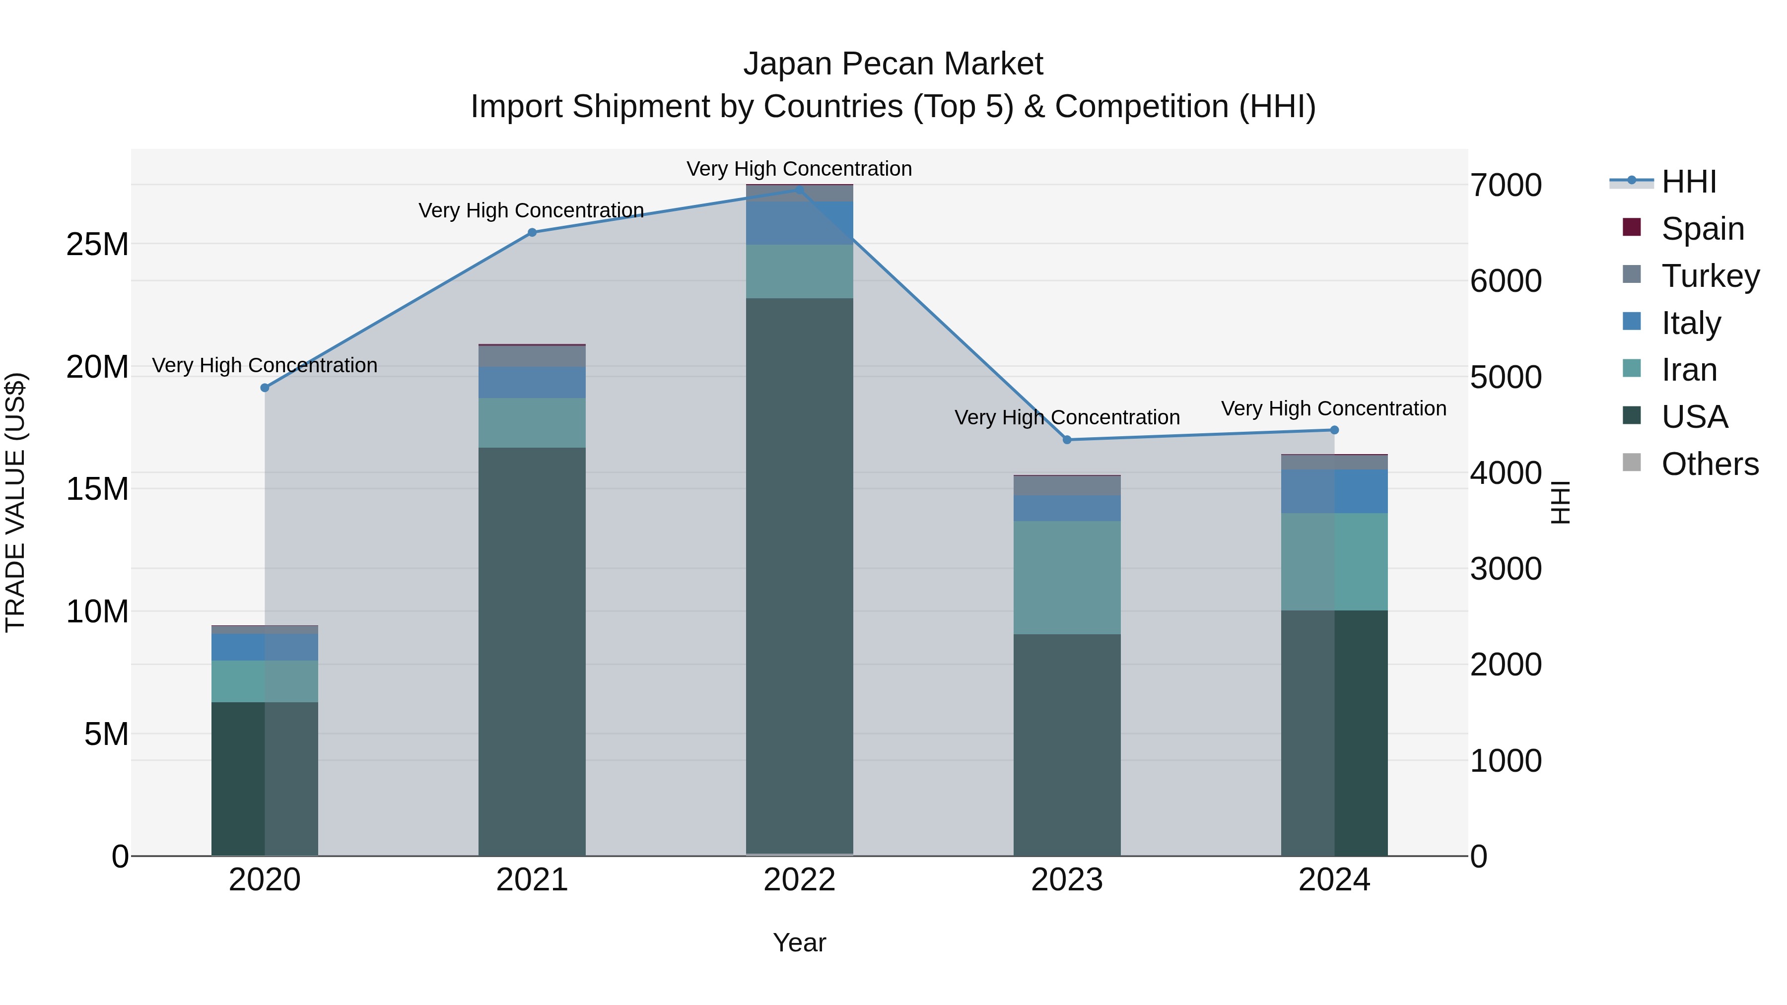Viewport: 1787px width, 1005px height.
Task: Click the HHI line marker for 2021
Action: click(532, 232)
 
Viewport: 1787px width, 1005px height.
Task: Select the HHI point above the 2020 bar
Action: click(264, 388)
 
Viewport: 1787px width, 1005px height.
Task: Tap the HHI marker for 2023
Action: click(1067, 440)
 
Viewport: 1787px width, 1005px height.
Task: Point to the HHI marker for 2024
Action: click(1334, 430)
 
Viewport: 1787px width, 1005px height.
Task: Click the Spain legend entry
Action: click(1703, 228)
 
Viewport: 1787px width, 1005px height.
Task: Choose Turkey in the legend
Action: click(1710, 275)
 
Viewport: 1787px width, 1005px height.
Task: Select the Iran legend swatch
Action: click(1632, 369)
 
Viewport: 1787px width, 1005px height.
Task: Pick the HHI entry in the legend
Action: click(1689, 182)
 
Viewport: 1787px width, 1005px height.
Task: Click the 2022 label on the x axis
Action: click(799, 880)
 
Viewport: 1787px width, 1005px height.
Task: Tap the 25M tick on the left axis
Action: click(97, 244)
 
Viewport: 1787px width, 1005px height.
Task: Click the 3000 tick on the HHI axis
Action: click(1506, 569)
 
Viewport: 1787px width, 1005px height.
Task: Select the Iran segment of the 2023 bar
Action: click(1067, 577)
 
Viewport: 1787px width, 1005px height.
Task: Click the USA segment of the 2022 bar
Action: click(799, 576)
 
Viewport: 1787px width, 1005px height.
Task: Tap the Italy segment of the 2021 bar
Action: click(532, 382)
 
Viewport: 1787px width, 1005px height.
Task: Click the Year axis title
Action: click(799, 942)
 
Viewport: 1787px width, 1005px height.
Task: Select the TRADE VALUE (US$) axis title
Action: click(16, 503)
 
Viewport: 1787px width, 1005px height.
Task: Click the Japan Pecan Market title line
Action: click(893, 64)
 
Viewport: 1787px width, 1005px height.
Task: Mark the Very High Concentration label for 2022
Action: click(799, 169)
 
